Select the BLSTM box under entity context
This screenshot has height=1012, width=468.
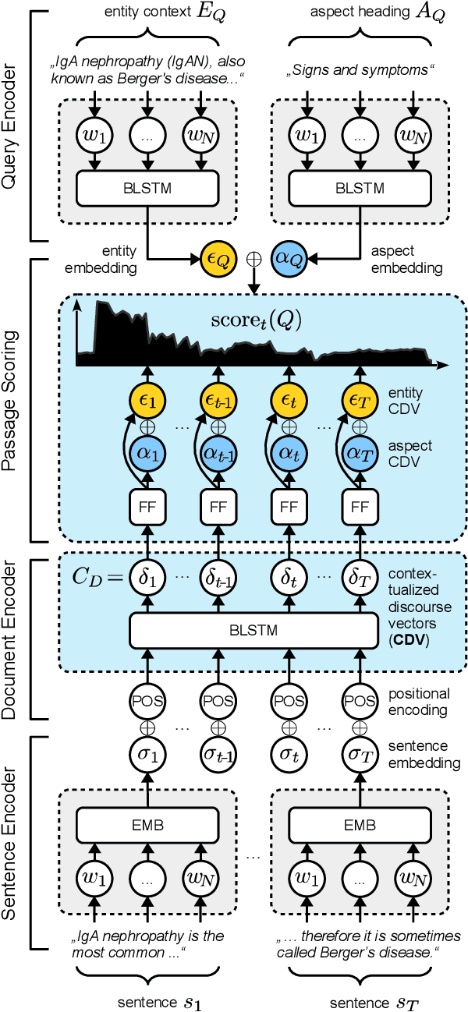(147, 187)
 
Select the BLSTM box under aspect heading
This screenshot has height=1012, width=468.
(359, 187)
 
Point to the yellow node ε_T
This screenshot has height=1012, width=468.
(359, 400)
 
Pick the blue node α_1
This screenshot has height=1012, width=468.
(147, 453)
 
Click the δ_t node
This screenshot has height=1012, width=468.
(289, 579)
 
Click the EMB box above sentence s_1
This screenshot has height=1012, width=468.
(147, 825)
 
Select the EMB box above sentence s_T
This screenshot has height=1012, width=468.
(359, 825)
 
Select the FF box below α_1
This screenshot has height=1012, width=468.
(147, 508)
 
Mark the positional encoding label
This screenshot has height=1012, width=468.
(420, 700)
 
